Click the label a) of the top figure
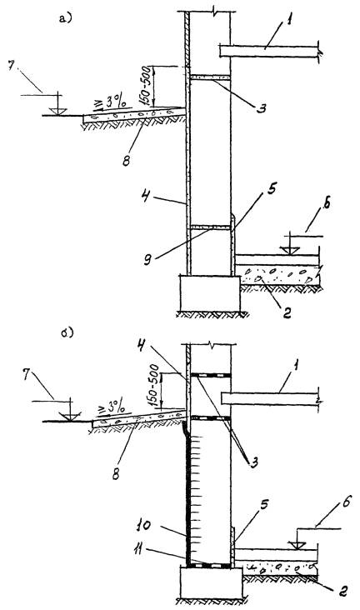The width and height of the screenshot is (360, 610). (x=65, y=17)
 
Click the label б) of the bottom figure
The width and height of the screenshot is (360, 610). (x=67, y=333)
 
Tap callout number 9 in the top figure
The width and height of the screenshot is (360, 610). (x=147, y=260)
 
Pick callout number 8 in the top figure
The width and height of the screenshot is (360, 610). (x=127, y=160)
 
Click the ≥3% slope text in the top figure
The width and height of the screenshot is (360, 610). (x=112, y=104)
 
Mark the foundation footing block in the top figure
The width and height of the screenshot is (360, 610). (x=210, y=293)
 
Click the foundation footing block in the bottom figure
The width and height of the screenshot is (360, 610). (x=212, y=582)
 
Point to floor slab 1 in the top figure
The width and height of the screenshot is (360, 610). (x=269, y=52)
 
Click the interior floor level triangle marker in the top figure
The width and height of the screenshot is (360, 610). (x=291, y=251)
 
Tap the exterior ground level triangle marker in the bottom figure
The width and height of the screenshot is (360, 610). (x=70, y=417)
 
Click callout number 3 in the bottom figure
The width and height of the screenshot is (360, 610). (x=254, y=462)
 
